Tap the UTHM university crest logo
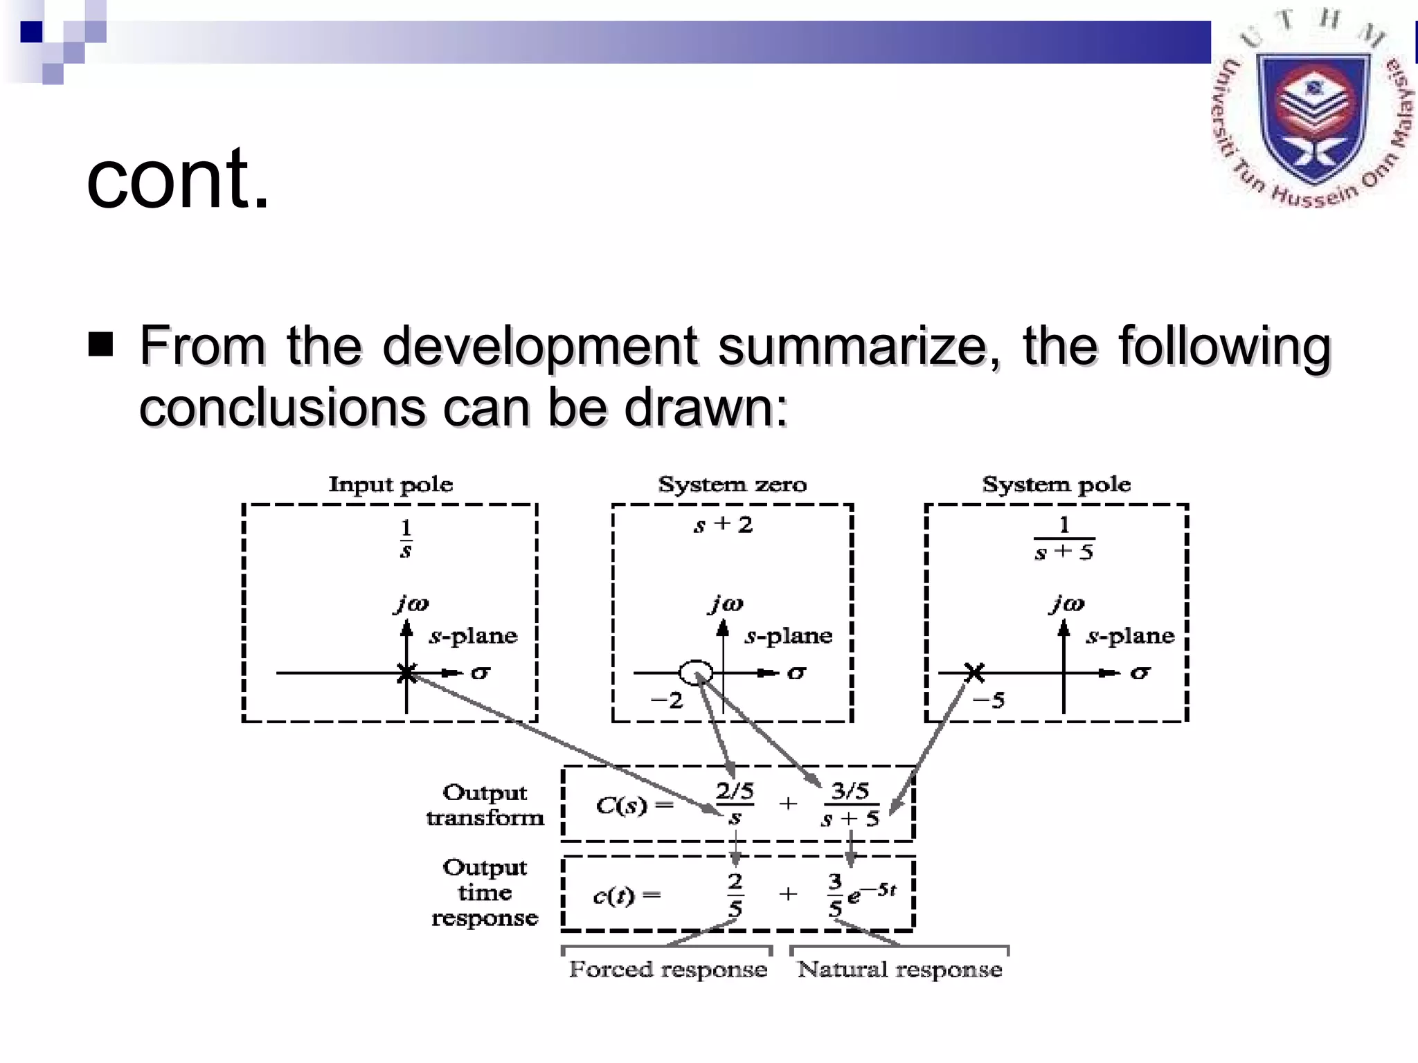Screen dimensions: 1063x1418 pyautogui.click(x=1313, y=111)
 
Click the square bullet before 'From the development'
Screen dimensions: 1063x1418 pyautogui.click(x=101, y=344)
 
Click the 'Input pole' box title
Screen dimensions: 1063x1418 pyautogui.click(x=391, y=484)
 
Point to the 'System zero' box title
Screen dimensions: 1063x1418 pyautogui.click(x=732, y=484)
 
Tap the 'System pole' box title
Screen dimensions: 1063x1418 pyautogui.click(x=1056, y=484)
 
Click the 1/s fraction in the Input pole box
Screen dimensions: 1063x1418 pyautogui.click(x=406, y=538)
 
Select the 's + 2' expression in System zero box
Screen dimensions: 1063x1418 pyautogui.click(x=723, y=525)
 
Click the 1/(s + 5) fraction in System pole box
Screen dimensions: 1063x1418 pyautogui.click(x=1064, y=538)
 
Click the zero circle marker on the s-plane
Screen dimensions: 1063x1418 pyautogui.click(x=696, y=672)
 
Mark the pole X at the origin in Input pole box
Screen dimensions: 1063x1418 pyautogui.click(x=406, y=672)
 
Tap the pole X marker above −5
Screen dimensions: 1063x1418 pyautogui.click(x=974, y=671)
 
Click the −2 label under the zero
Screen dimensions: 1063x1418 pyautogui.click(x=667, y=700)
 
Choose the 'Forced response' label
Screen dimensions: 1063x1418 pyautogui.click(x=667, y=970)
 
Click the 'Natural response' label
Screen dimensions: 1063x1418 pyautogui.click(x=899, y=970)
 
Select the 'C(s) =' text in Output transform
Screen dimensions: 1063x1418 pyautogui.click(x=634, y=805)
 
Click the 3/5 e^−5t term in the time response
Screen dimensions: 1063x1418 pyautogui.click(x=861, y=894)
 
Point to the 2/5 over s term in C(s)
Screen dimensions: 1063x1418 pyautogui.click(x=735, y=804)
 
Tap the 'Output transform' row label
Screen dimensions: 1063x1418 pyautogui.click(x=485, y=805)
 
